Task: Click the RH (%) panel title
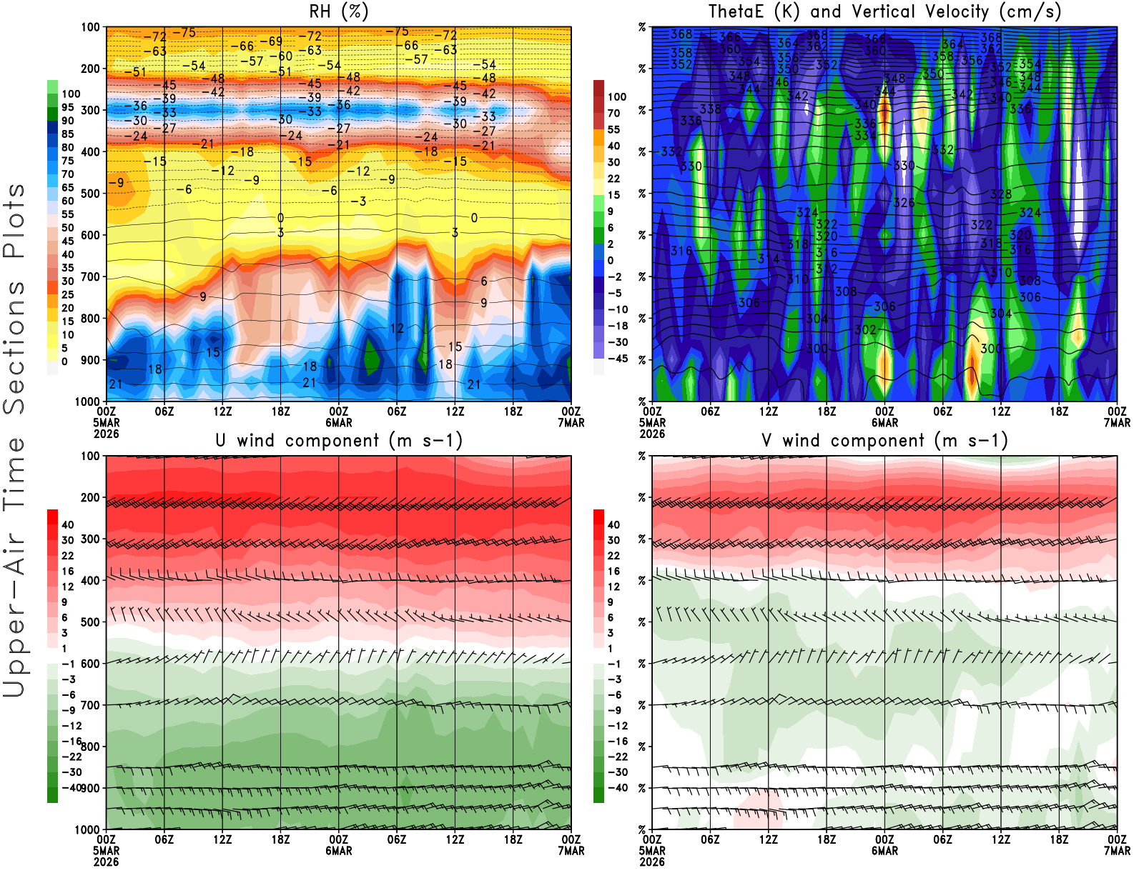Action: (338, 12)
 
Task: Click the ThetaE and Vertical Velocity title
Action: (884, 12)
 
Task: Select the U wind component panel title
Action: (339, 441)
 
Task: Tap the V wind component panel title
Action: (884, 441)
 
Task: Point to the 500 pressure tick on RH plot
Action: (90, 194)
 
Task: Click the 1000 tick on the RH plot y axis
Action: (87, 401)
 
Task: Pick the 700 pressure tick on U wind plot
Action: (90, 705)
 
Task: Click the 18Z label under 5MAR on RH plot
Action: (280, 411)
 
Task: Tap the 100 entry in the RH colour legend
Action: (71, 94)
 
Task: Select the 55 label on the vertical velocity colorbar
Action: (613, 129)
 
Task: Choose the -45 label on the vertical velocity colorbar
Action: (618, 359)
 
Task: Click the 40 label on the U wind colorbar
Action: (68, 525)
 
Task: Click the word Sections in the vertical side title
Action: (14, 346)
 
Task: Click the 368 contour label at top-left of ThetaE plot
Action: (681, 34)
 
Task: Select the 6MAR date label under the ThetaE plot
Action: (884, 423)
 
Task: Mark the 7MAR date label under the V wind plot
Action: (1117, 851)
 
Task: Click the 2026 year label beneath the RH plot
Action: (106, 434)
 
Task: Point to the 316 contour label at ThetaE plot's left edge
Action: (681, 251)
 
